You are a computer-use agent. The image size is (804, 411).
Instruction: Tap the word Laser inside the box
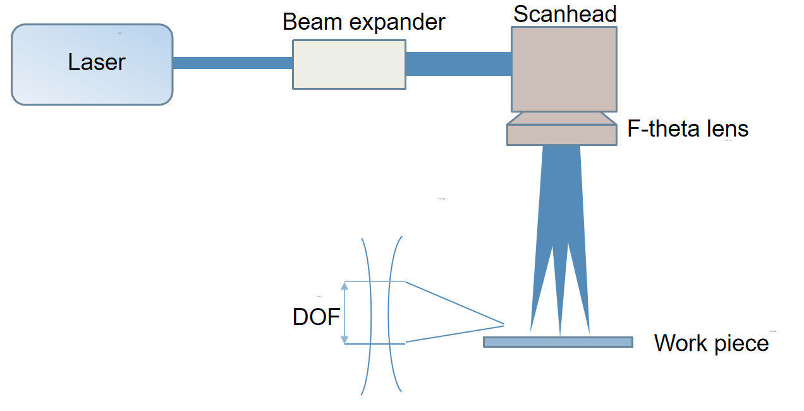[x=97, y=63]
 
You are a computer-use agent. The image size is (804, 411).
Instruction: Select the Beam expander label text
[x=363, y=22]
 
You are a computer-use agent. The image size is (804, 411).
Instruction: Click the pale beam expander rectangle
[x=349, y=64]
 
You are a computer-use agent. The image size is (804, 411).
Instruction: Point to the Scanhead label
[x=564, y=14]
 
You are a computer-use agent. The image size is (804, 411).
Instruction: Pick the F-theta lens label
[x=688, y=129]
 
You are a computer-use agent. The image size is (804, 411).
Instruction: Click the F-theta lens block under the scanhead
[x=561, y=134]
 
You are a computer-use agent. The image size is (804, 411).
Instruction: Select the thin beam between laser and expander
[x=232, y=63]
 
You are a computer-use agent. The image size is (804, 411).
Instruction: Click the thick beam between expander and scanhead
[x=458, y=64]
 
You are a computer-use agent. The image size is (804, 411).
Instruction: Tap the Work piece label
[x=711, y=343]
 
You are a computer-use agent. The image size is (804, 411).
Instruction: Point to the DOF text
[x=317, y=317]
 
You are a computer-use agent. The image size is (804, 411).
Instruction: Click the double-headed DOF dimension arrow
[x=344, y=313]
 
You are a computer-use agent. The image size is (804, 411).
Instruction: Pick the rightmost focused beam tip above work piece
[x=588, y=329]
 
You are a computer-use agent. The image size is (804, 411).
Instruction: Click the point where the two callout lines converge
[x=504, y=325]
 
